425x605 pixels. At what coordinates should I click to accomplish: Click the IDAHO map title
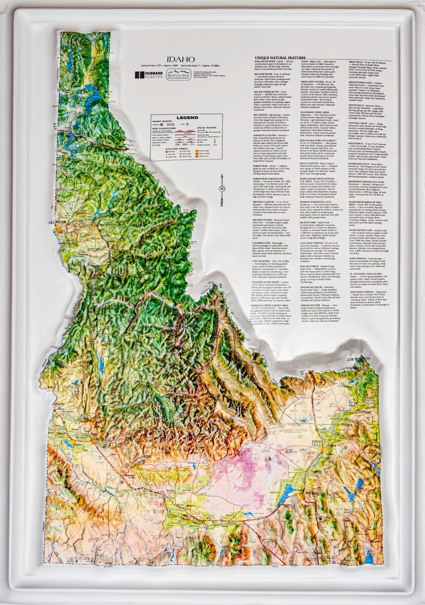click(180, 59)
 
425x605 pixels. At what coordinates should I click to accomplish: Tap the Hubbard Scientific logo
click(148, 75)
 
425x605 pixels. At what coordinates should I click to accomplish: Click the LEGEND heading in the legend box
click(187, 118)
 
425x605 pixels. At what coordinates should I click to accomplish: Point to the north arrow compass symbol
click(222, 190)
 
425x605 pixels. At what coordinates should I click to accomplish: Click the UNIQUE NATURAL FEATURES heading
click(280, 58)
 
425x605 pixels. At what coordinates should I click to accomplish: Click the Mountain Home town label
click(131, 476)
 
